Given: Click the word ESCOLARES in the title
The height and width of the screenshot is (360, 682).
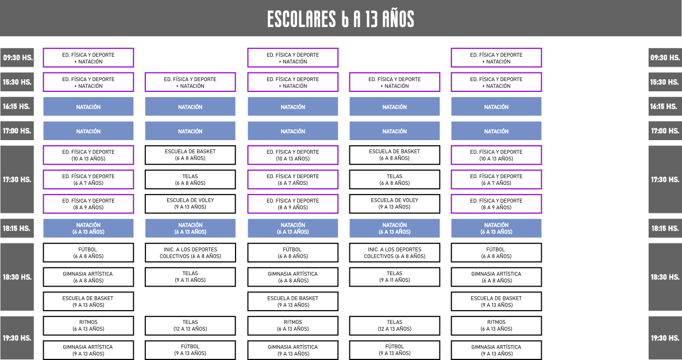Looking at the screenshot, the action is click(x=302, y=19).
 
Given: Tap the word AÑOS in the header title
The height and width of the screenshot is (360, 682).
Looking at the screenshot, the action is click(x=398, y=19).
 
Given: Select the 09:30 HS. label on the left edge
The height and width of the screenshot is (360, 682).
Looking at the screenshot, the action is click(x=17, y=57).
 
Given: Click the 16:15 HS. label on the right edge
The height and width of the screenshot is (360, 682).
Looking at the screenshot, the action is click(x=665, y=107).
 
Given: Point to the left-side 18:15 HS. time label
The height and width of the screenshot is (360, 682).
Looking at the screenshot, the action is click(x=17, y=229).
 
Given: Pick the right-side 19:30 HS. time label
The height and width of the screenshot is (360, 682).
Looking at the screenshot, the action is click(x=665, y=338).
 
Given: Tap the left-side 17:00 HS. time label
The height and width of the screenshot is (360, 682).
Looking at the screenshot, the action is click(x=17, y=131).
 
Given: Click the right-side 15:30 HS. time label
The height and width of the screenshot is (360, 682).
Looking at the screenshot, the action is click(x=665, y=82).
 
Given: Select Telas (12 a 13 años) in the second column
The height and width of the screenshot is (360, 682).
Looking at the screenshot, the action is click(x=190, y=326).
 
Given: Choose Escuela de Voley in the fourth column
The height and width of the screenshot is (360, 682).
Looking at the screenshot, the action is click(x=395, y=204).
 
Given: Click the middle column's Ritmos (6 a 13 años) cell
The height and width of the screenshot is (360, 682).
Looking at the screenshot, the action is click(x=292, y=326).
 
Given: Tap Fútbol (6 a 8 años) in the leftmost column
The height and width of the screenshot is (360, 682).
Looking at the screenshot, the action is click(x=88, y=253).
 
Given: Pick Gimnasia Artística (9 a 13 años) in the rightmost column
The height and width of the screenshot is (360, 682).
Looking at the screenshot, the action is click(x=496, y=350).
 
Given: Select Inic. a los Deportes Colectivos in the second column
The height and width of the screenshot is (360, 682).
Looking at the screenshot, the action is click(x=190, y=253).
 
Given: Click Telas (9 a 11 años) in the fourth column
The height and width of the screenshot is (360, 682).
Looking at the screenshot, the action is click(x=395, y=277).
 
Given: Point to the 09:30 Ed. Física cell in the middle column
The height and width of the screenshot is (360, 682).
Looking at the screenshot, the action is click(x=292, y=58).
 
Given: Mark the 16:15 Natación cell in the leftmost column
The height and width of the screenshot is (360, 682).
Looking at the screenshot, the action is click(x=88, y=107).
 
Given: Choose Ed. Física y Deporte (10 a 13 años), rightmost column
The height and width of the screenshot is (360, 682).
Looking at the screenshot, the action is click(x=496, y=155).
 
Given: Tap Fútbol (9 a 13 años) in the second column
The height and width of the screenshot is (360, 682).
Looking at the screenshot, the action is click(x=190, y=350).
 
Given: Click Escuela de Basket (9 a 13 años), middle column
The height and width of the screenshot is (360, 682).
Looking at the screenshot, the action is click(x=292, y=301).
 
